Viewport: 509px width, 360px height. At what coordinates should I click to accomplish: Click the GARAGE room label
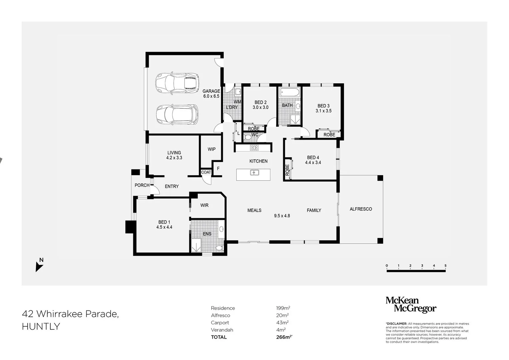[x=211, y=91]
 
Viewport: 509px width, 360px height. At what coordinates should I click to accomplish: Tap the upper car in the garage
[x=177, y=83]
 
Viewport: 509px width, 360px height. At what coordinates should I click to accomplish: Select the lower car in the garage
[x=177, y=115]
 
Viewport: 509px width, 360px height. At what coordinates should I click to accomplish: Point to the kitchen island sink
[x=255, y=173]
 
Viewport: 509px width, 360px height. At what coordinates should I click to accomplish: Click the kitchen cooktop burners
[x=254, y=148]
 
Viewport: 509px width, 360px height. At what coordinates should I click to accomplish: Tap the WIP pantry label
[x=212, y=149]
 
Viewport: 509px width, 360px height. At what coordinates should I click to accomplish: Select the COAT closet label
[x=206, y=172]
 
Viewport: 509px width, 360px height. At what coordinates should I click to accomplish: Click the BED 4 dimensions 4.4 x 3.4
[x=313, y=163]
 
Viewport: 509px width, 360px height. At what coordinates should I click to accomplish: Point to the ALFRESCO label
[x=361, y=209]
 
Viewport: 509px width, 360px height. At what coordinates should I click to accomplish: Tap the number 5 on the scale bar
[x=445, y=265]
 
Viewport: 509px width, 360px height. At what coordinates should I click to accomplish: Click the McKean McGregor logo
[x=411, y=305]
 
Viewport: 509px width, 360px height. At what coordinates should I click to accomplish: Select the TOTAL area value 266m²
[x=284, y=337]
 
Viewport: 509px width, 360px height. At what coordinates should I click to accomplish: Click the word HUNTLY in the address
[x=41, y=327]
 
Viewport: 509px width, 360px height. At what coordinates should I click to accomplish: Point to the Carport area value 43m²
[x=282, y=323]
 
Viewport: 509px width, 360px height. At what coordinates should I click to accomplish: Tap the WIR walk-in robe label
[x=204, y=205]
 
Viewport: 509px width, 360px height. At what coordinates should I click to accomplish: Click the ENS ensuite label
[x=207, y=234]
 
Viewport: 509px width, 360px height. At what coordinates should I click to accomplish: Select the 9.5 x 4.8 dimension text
[x=282, y=216]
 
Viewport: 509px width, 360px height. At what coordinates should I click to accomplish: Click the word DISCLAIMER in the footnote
[x=396, y=324]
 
